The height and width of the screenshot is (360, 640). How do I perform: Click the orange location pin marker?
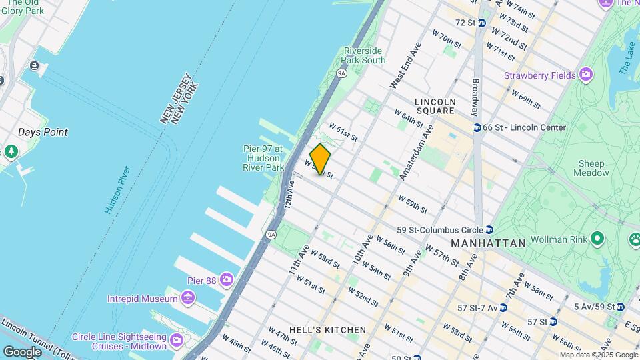pyautogui.click(x=320, y=160)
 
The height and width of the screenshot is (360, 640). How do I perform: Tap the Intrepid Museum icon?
pyautogui.click(x=189, y=297)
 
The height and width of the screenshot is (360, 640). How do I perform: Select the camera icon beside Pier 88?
pyautogui.click(x=227, y=279)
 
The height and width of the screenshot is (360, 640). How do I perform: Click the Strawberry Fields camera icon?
pyautogui.click(x=586, y=74)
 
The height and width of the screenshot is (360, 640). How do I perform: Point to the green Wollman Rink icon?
pyautogui.click(x=598, y=238)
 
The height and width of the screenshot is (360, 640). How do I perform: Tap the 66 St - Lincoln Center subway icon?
pyautogui.click(x=477, y=127)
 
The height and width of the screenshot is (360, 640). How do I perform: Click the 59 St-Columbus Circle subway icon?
pyautogui.click(x=489, y=229)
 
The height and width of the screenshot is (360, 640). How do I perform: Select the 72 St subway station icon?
pyautogui.click(x=481, y=23)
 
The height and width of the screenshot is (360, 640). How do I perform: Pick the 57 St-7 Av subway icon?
pyautogui.click(x=503, y=307)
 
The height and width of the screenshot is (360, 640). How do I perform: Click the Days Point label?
pyautogui.click(x=43, y=132)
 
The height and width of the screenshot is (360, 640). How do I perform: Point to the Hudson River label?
pyautogui.click(x=117, y=190)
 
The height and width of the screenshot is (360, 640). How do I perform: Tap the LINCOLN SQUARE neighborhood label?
pyautogui.click(x=435, y=106)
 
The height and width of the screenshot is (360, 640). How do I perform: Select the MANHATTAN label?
pyautogui.click(x=488, y=243)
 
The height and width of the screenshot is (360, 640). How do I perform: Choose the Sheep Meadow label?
pyautogui.click(x=591, y=168)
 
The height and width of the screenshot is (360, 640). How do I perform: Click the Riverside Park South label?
pyautogui.click(x=364, y=55)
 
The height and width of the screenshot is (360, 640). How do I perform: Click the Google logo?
pyautogui.click(x=22, y=351)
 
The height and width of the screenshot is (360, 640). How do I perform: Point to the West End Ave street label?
pyautogui.click(x=406, y=66)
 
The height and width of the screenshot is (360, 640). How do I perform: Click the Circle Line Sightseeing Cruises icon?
pyautogui.click(x=177, y=341)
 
